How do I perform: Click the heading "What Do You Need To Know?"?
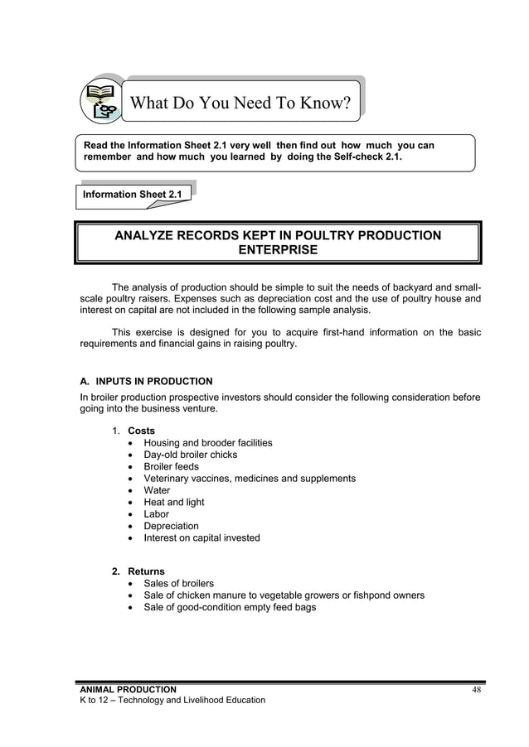point(241,104)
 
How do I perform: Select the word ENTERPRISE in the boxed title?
point(277,249)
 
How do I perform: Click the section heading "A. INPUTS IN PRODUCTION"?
point(146,382)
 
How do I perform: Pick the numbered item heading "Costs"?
point(141,431)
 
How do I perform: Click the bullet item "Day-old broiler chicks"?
point(190,455)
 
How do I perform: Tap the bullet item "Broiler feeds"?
point(171,466)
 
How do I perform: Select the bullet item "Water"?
point(157,490)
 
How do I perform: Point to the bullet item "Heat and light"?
point(173,502)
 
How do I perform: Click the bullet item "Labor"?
point(156,513)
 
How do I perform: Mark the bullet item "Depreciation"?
point(171,526)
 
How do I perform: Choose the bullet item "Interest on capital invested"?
point(201,537)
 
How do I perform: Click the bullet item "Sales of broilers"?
point(178,583)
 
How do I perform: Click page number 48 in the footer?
point(476,690)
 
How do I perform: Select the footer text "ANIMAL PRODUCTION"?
point(128,690)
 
